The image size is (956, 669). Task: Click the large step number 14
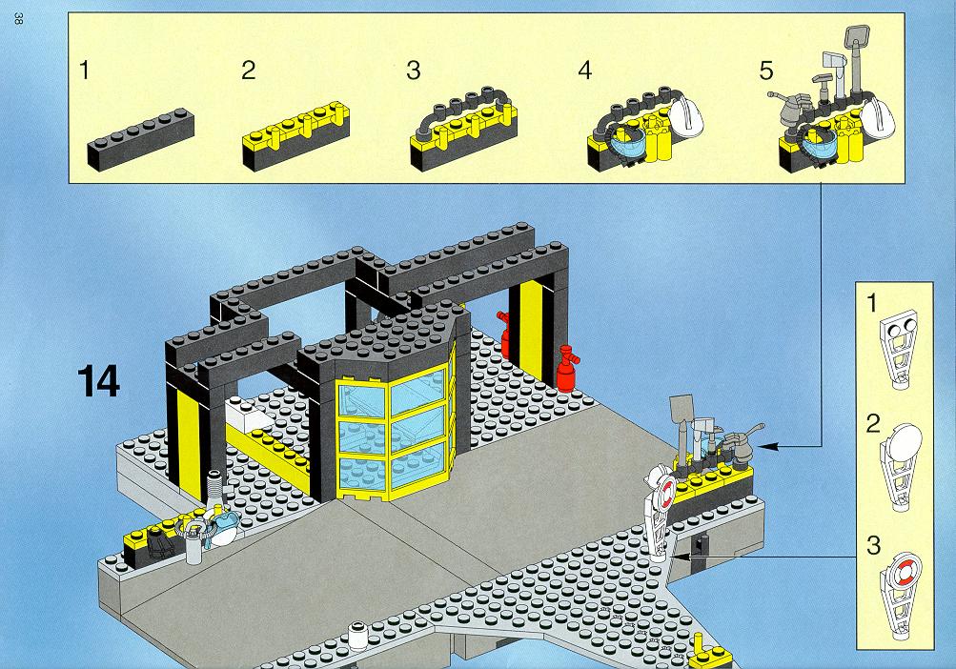99,381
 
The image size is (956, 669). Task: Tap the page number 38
18,18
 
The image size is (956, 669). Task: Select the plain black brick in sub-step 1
141,140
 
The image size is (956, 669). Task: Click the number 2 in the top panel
248,71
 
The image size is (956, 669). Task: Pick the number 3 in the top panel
414,71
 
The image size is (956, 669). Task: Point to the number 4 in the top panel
584,71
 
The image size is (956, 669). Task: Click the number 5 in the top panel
765,71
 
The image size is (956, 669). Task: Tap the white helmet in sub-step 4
686,116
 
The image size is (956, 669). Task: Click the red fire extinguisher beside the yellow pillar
567,369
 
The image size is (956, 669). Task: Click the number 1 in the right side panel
873,303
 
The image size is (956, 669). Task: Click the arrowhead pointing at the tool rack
769,446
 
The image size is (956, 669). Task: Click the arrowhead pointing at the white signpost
681,557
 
